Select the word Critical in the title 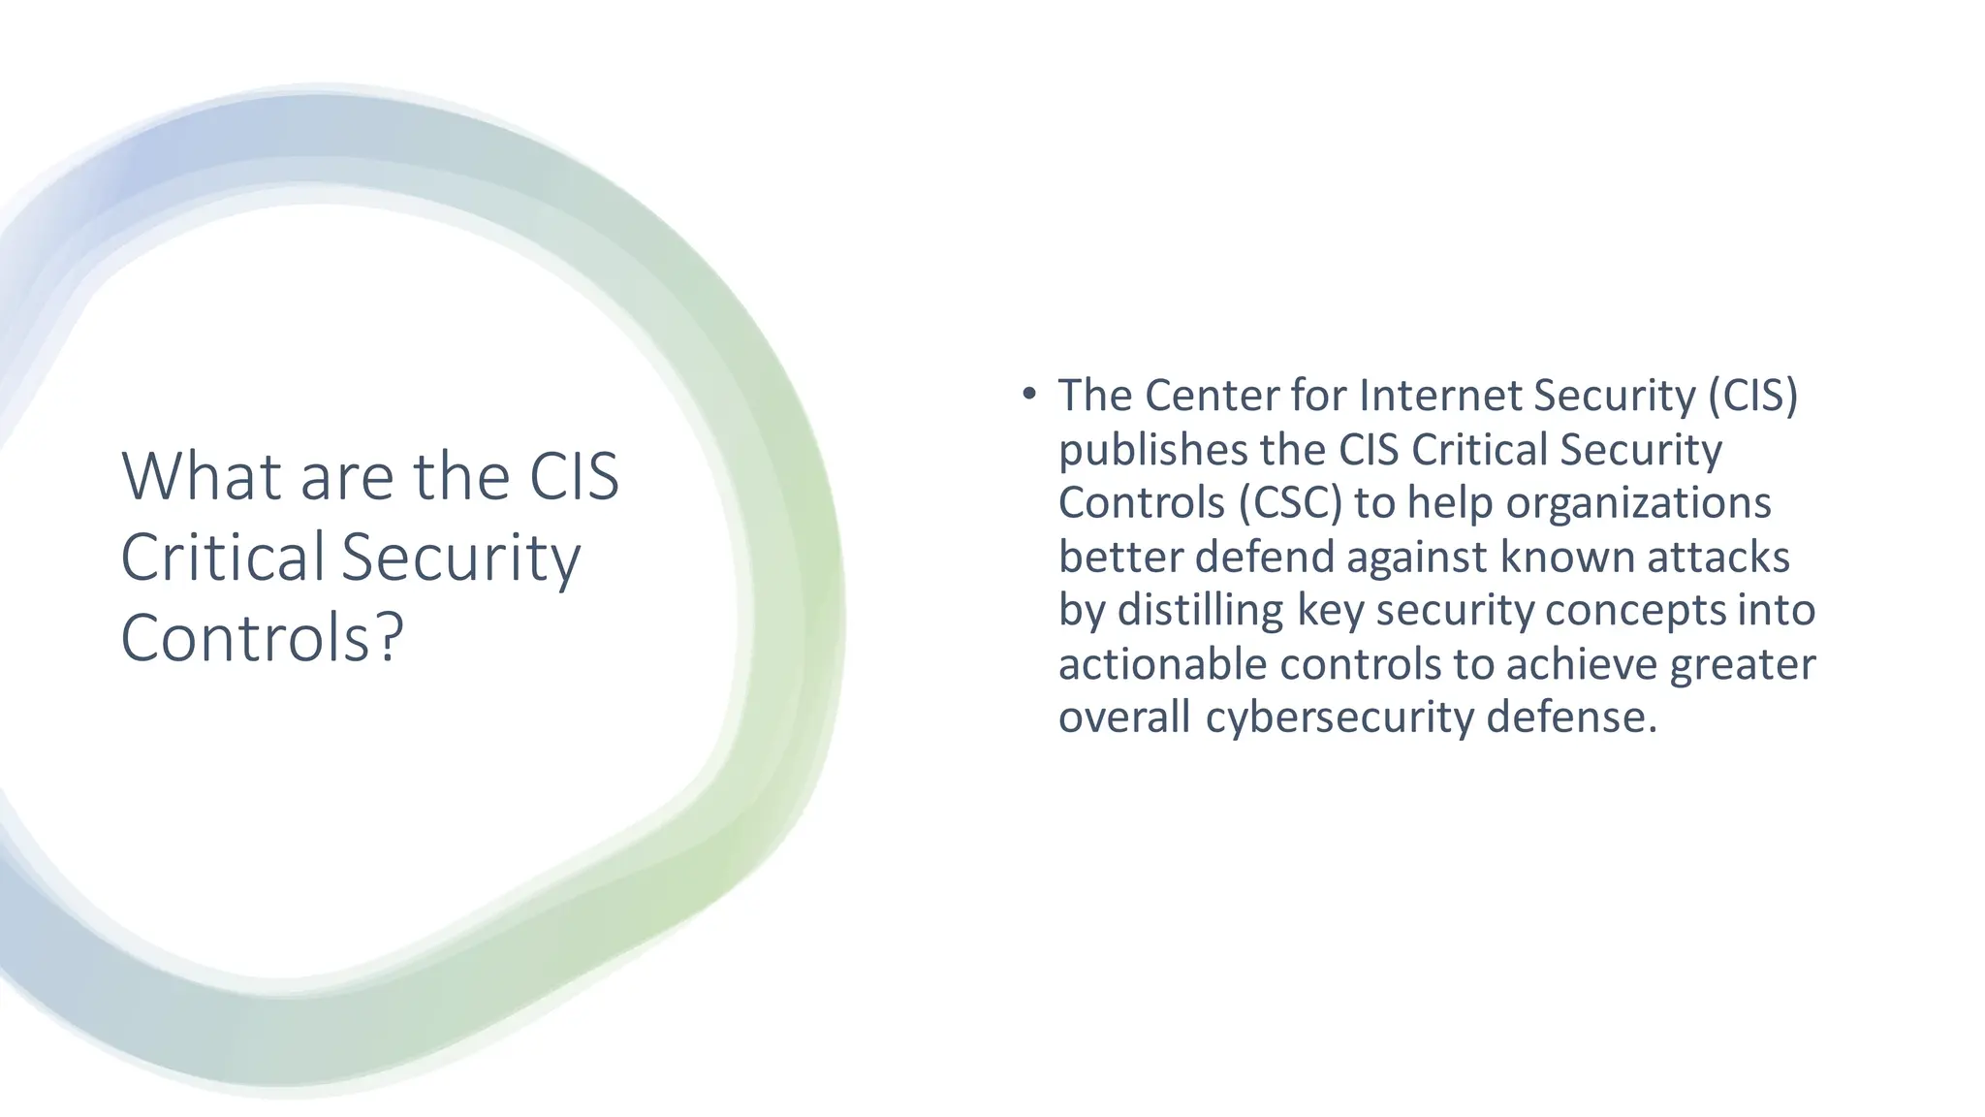point(222,558)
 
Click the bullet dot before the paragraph point(1029,394)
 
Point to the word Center point(1211,396)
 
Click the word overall point(1123,718)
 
